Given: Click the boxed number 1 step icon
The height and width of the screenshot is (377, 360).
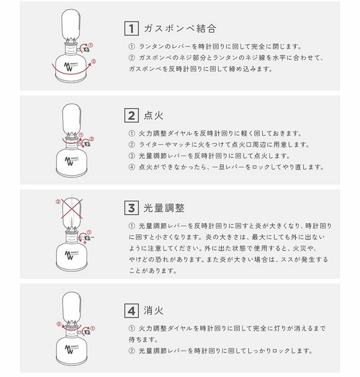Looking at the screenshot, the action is click(x=131, y=28).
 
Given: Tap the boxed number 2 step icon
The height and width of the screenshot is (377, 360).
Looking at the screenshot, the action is click(x=131, y=115).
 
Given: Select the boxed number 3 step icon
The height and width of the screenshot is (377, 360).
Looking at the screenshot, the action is click(x=131, y=208).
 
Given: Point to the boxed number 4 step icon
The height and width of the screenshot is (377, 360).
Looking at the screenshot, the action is click(x=131, y=310).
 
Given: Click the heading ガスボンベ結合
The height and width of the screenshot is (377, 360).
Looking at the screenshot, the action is click(x=180, y=28).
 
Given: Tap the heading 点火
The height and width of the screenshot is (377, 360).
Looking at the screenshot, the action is click(x=153, y=115).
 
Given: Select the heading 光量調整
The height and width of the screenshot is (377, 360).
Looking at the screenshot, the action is click(x=164, y=208).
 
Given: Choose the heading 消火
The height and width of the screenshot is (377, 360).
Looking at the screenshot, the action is click(x=153, y=310).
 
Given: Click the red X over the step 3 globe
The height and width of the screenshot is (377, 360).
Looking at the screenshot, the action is click(x=72, y=208).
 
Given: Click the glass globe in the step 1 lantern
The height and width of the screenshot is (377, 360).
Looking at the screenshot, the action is click(x=71, y=24).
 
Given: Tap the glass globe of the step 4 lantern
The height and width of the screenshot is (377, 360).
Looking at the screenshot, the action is click(x=71, y=307).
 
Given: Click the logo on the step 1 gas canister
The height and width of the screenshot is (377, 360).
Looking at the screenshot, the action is click(x=70, y=67).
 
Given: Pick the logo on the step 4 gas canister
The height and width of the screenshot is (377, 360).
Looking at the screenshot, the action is click(x=71, y=349).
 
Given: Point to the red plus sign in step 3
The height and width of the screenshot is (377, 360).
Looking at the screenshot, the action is click(x=85, y=243).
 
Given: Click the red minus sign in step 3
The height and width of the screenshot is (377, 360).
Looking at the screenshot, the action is click(x=92, y=237).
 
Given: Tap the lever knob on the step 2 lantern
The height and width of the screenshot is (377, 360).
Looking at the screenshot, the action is click(x=88, y=144).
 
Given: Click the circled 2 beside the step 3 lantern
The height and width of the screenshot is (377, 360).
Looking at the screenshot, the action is click(x=58, y=202).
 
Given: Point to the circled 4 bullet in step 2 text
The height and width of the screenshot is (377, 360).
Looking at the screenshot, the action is click(x=132, y=167).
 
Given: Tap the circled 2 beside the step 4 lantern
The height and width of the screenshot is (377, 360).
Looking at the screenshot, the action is click(x=59, y=324).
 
